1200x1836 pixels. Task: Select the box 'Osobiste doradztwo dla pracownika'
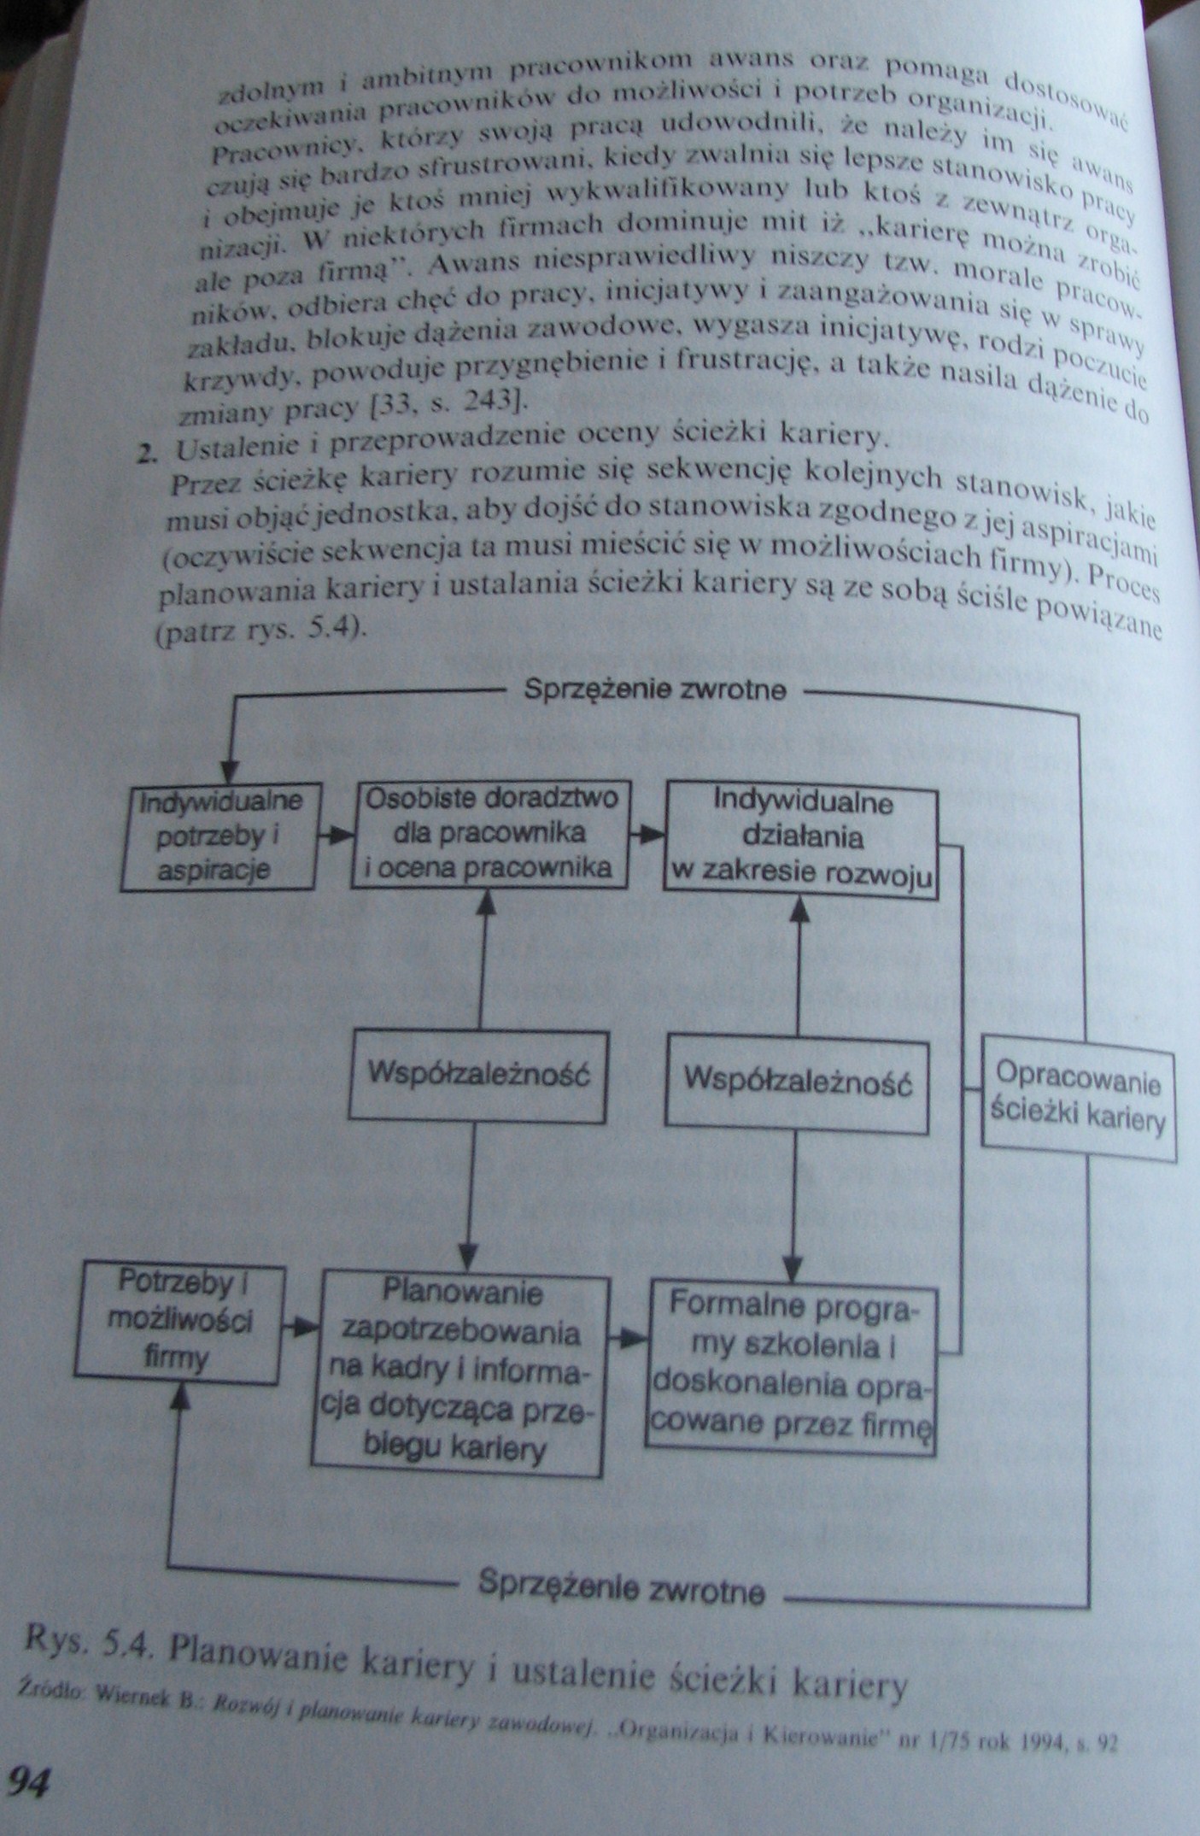[x=489, y=833]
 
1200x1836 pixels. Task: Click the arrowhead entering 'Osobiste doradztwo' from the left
[x=341, y=833]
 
